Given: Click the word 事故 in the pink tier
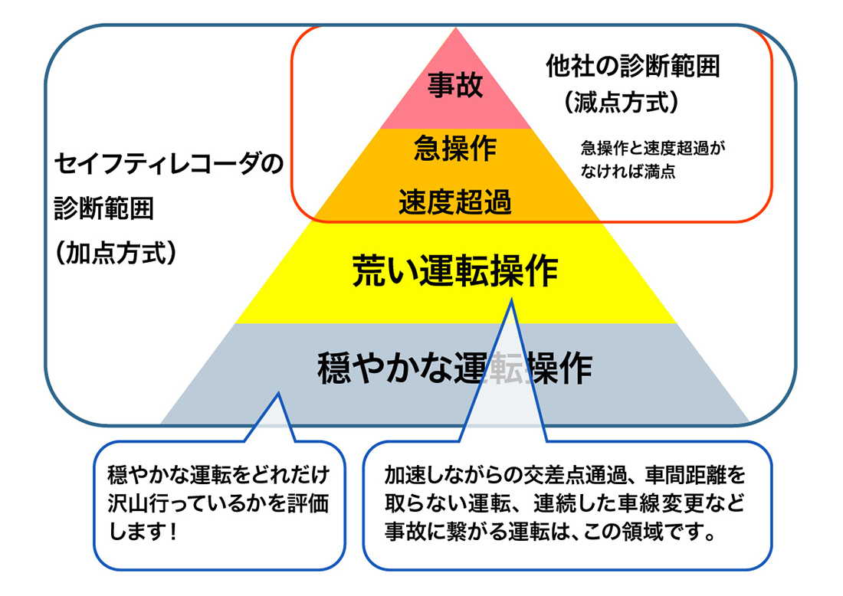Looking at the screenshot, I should click(x=455, y=85).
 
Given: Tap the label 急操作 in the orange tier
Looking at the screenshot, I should click(x=455, y=147).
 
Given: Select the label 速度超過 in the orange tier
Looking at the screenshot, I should click(x=455, y=203).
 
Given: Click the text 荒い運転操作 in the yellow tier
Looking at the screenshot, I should click(x=455, y=270).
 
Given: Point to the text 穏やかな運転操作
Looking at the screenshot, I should click(x=455, y=368).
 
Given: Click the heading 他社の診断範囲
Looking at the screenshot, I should click(x=633, y=67).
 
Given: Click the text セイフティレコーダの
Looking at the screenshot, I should click(x=169, y=163).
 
